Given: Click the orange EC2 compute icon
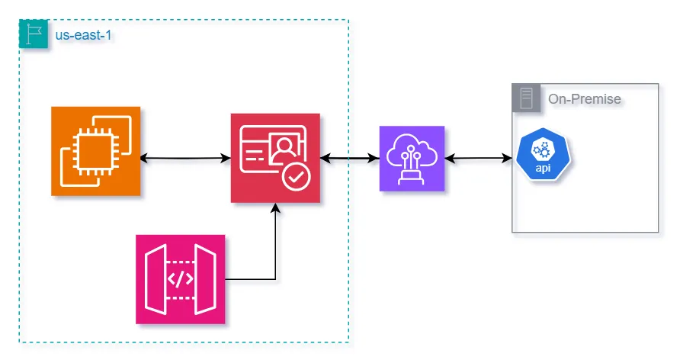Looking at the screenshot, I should click(x=96, y=151).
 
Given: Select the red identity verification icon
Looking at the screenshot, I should click(x=275, y=158).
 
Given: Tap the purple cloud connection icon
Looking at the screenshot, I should click(x=411, y=158).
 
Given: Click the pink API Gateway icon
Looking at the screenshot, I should click(x=181, y=279).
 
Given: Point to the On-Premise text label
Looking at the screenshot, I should click(x=584, y=99).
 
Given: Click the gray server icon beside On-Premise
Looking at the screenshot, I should click(x=526, y=99).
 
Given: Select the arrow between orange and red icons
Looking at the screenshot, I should click(x=186, y=158).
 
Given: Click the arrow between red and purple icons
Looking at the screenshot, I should click(x=350, y=158).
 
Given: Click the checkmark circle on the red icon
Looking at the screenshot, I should click(x=295, y=178).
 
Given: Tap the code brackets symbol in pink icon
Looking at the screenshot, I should click(x=181, y=279).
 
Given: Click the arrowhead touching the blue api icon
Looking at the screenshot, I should click(x=508, y=158).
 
